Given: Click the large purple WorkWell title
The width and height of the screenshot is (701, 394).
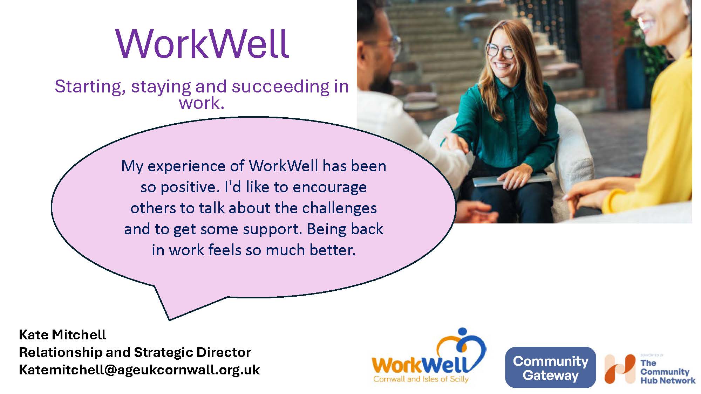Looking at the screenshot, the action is [202, 43].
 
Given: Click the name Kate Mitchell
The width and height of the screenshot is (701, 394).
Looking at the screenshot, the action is [62, 335].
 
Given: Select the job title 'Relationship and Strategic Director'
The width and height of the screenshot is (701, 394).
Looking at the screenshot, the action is [135, 352].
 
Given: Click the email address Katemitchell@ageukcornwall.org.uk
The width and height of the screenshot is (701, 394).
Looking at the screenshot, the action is [139, 370].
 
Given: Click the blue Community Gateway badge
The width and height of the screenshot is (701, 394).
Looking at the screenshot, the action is [550, 367].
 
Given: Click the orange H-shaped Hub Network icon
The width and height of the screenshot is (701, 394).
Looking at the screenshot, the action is [620, 369].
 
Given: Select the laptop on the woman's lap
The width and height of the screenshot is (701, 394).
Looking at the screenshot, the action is [510, 179].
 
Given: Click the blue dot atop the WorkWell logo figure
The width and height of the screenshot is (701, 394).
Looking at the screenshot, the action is [463, 332].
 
